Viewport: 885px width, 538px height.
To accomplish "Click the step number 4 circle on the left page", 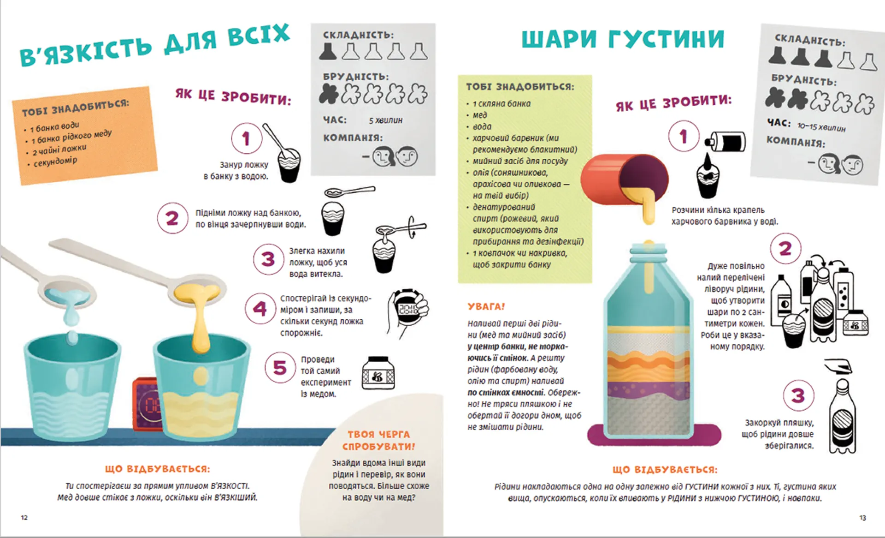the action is coord(260,308).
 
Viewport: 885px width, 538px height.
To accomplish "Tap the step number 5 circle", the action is coord(280,368).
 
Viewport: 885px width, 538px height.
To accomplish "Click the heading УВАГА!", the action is coord(486,306).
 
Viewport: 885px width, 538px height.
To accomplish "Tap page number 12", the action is coord(24,518).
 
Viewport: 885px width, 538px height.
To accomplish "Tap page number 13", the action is coord(863,518).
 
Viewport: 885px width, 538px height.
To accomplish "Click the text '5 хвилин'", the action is coord(385,120).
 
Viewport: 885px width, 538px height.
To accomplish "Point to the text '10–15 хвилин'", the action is coord(821,127).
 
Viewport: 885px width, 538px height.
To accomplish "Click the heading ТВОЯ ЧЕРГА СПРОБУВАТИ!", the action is coord(378,440).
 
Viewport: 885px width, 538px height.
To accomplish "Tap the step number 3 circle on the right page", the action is coord(798,395).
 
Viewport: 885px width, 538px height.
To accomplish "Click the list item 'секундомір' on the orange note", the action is coord(55,161).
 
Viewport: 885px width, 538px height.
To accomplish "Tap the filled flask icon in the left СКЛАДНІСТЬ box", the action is coord(328,51).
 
